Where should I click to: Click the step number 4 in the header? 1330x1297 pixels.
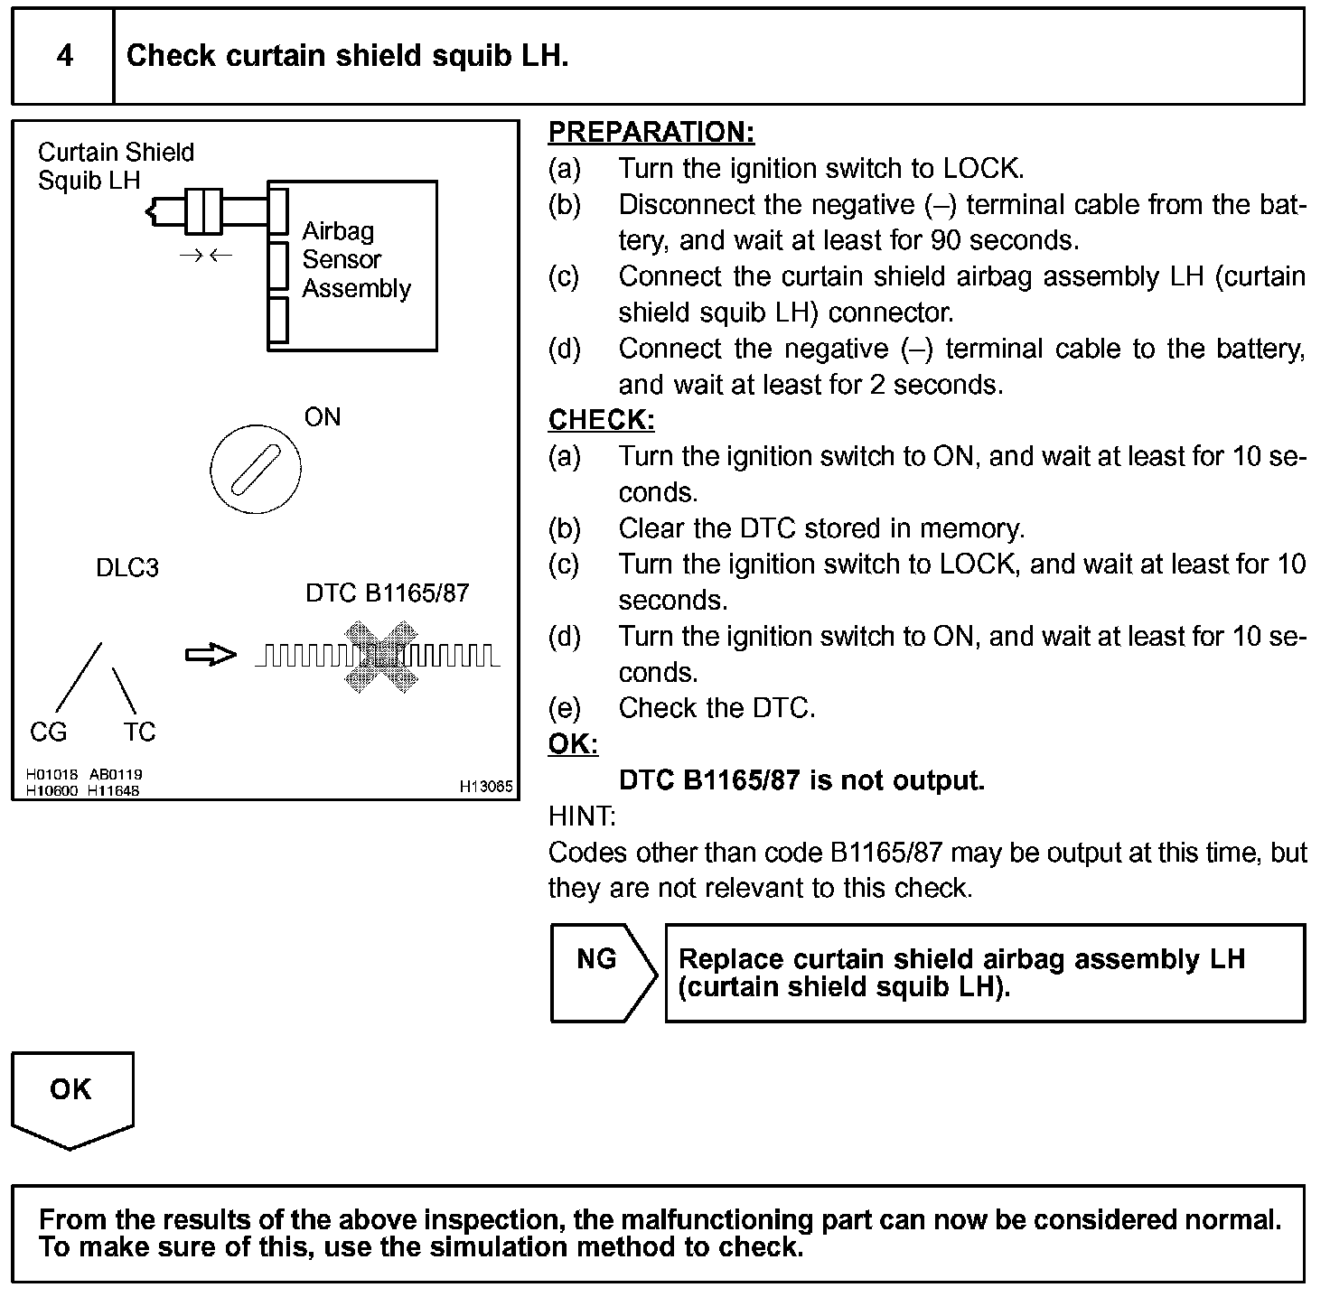(64, 56)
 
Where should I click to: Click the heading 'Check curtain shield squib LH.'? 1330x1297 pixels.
(347, 56)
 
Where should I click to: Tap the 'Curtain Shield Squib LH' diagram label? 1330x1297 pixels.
(115, 166)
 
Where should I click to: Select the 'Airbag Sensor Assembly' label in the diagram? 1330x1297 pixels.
(355, 260)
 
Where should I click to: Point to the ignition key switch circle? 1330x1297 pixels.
(256, 469)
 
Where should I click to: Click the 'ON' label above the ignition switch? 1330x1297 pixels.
(323, 417)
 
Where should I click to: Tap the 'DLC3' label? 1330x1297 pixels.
(126, 568)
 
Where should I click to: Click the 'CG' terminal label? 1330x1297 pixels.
(48, 732)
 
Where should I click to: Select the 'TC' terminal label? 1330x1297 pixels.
(139, 732)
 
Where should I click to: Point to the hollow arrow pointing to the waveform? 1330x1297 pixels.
(210, 656)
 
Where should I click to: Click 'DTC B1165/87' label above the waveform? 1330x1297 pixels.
(387, 593)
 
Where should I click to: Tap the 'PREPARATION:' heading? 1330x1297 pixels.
(651, 133)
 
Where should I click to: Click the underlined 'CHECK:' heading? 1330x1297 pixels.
(601, 420)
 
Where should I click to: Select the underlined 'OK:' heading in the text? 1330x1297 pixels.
(573, 744)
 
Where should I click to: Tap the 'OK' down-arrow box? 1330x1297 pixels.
(71, 1093)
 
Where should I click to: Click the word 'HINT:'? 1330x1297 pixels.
(582, 816)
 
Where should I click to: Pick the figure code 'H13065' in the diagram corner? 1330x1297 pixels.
(485, 787)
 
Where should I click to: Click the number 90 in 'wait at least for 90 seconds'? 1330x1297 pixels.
(947, 241)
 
